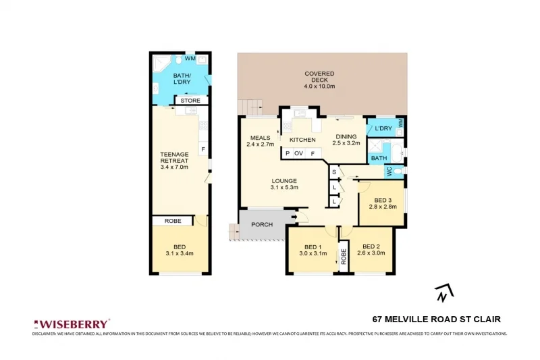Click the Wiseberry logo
72,324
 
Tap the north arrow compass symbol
443,292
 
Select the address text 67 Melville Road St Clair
436,319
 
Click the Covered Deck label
319,80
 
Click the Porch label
261,224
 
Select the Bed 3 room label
383,205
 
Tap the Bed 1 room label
313,250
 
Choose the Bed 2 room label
373,250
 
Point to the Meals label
259,140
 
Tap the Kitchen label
302,140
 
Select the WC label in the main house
389,172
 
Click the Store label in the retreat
190,101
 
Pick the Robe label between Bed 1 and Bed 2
344,255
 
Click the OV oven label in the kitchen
298,154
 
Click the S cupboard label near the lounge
334,173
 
